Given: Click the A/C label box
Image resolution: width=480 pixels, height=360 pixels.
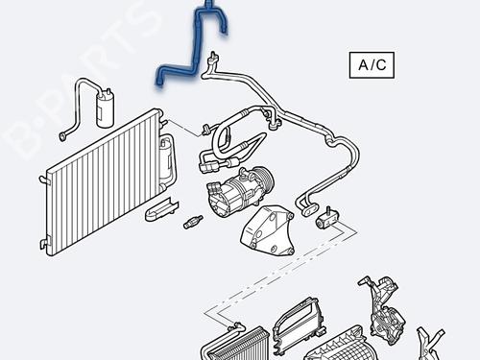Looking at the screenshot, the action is (372, 65).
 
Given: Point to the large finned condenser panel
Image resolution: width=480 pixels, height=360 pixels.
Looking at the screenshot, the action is (104, 182).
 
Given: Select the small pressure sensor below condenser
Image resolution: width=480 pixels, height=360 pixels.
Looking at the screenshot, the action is (193, 222).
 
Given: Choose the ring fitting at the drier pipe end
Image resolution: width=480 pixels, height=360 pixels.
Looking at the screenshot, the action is (62, 136).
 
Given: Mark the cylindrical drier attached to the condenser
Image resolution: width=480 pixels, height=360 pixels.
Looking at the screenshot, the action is (166, 157).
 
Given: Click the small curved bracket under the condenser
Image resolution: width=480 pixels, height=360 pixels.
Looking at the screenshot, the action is (160, 209).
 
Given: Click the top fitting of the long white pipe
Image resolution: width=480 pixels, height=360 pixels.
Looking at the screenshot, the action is (214, 58).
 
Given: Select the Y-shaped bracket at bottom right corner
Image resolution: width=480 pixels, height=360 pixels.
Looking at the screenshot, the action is (429, 344).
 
